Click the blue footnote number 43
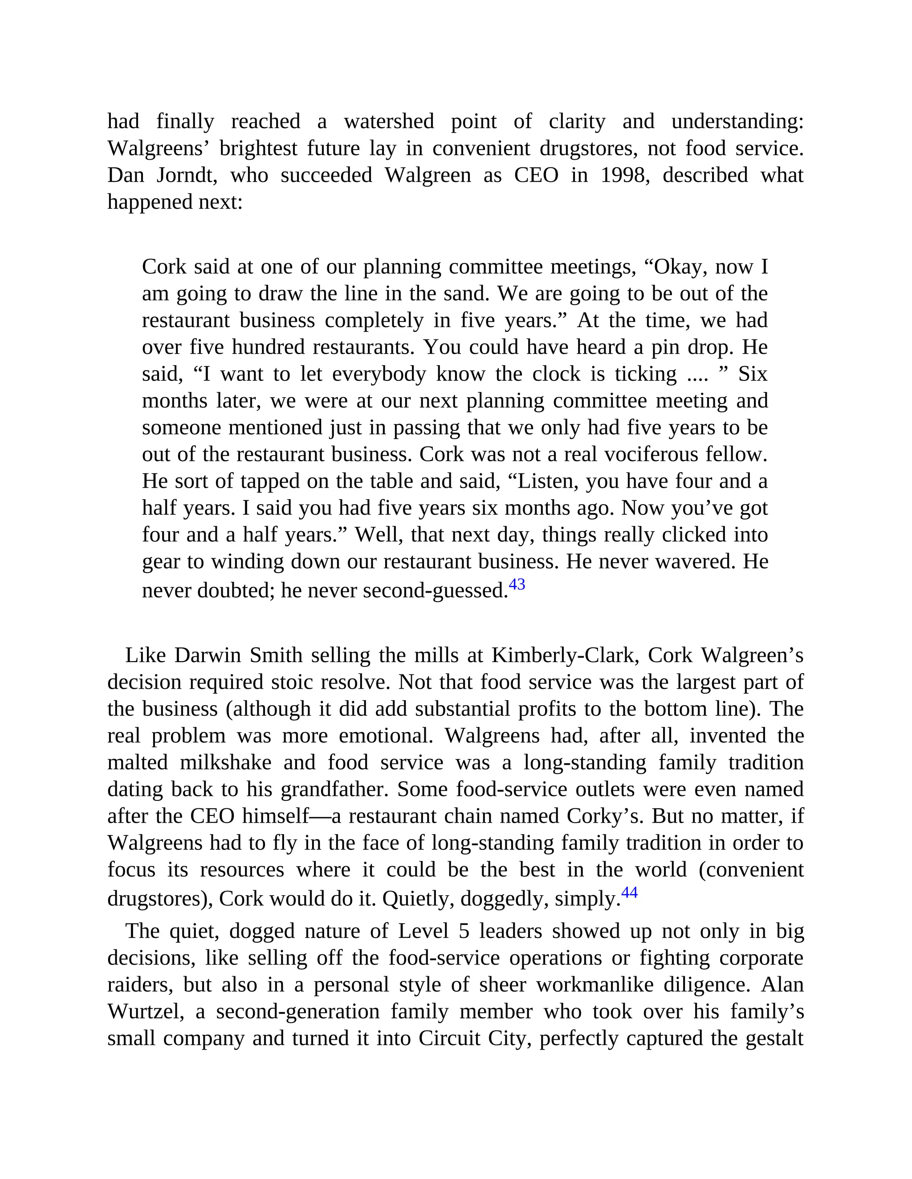click(517, 584)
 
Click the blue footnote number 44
click(629, 892)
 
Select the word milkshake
click(225, 763)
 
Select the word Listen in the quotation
click(547, 481)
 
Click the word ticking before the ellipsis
click(646, 374)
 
